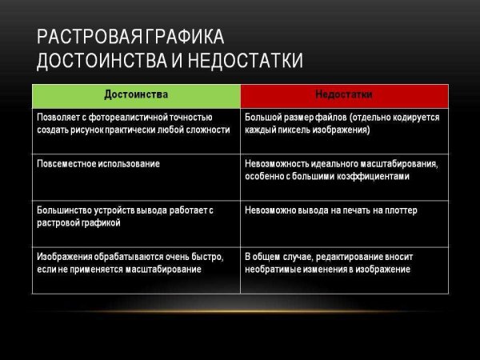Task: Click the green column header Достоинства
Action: point(136,94)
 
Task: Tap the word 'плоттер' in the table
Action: point(400,210)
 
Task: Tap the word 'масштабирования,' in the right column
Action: point(402,163)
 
